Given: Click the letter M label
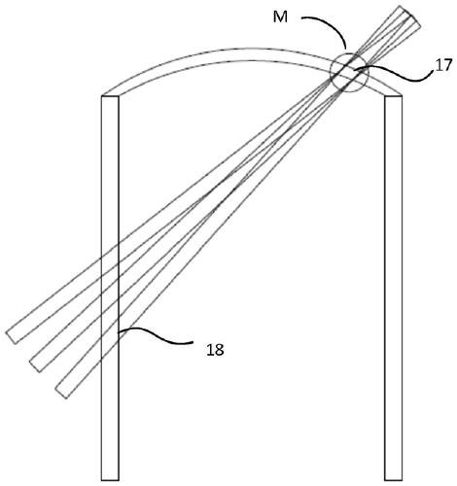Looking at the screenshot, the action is point(280,17).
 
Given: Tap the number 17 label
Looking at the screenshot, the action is point(443,66).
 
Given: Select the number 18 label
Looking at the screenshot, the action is point(215,350).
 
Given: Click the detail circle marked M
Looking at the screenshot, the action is point(349,73).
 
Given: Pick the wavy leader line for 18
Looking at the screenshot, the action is point(156,335).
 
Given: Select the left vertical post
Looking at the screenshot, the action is point(110,289).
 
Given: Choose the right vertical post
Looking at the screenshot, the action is point(394,289).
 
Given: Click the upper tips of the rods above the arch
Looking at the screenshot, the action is point(409,17).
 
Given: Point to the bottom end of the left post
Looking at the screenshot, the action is point(110,480).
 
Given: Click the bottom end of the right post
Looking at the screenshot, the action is point(394,480).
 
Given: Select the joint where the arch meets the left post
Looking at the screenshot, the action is point(110,95).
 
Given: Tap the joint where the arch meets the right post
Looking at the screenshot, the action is point(394,95).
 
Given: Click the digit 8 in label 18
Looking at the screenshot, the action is point(219,350).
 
